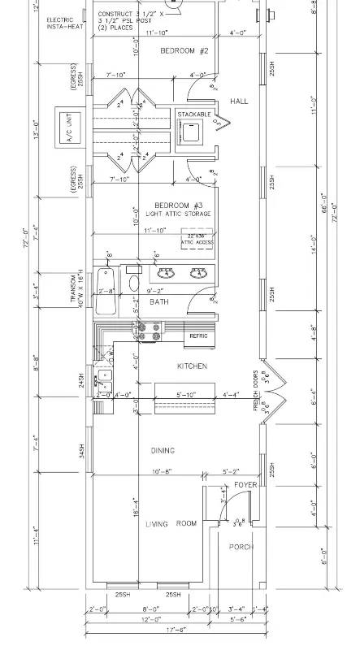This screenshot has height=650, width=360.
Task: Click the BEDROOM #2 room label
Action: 184,50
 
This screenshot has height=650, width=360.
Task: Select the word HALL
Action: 239,102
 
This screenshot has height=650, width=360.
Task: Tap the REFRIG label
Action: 199,335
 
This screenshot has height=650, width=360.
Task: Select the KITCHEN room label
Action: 192,366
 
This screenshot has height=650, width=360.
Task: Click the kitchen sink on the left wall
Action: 104,379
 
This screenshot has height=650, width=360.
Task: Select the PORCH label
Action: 241,547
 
